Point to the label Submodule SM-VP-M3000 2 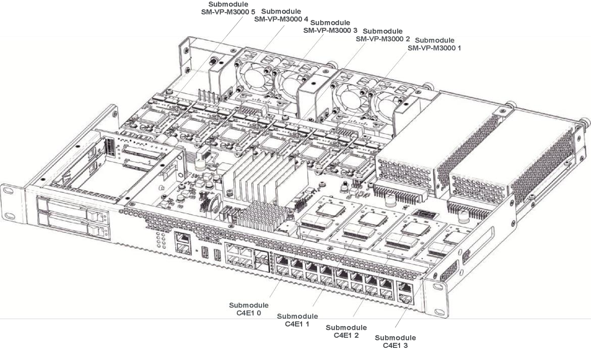tap(383, 34)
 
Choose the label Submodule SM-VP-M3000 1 tap(434, 44)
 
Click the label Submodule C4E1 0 tap(249, 309)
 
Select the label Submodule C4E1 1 tap(298, 320)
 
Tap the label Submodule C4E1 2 tap(346, 331)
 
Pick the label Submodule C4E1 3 tap(396, 341)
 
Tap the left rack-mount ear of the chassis tap(11, 194)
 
